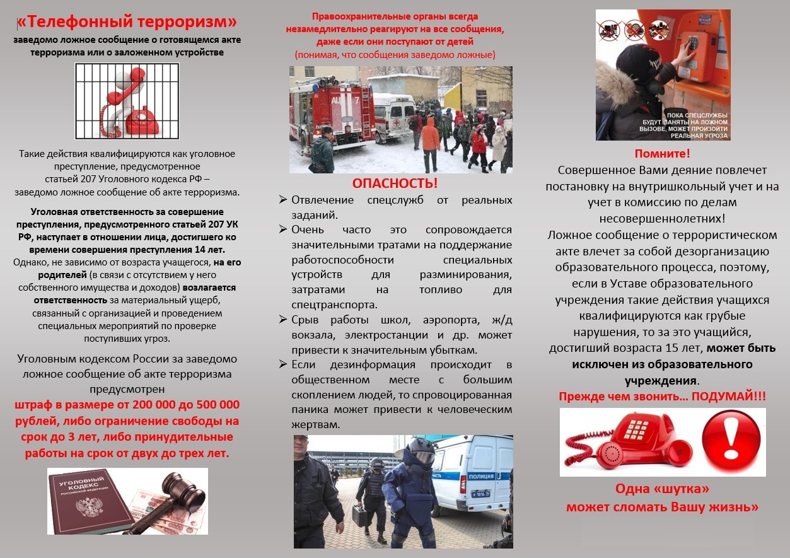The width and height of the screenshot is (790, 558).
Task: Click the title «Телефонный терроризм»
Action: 127,23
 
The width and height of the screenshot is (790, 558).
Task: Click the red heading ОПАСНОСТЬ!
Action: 395,183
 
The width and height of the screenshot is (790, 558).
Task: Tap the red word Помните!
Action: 662,153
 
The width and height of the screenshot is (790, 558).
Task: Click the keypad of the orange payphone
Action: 692,44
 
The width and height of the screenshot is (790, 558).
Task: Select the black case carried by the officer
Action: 361,513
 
